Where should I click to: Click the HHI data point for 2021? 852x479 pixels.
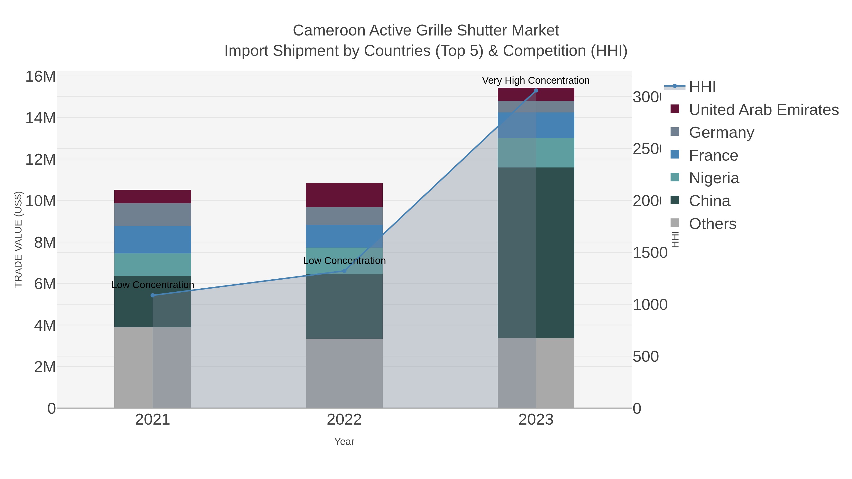tap(152, 295)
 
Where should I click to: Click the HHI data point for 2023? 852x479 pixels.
tap(536, 91)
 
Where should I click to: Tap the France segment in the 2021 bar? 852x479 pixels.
tap(152, 240)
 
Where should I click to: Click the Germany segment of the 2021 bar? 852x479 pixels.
tap(152, 215)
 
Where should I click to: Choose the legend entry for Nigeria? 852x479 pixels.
tap(714, 178)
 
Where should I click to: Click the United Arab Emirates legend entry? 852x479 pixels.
tap(763, 110)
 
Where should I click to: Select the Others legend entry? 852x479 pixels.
tap(712, 224)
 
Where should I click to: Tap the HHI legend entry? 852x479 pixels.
tap(702, 87)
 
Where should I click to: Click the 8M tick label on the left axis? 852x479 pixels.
tap(45, 242)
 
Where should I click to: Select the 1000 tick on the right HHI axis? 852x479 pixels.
tap(650, 305)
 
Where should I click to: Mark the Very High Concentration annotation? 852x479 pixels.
tap(536, 80)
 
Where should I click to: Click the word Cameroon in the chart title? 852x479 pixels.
tap(329, 31)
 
